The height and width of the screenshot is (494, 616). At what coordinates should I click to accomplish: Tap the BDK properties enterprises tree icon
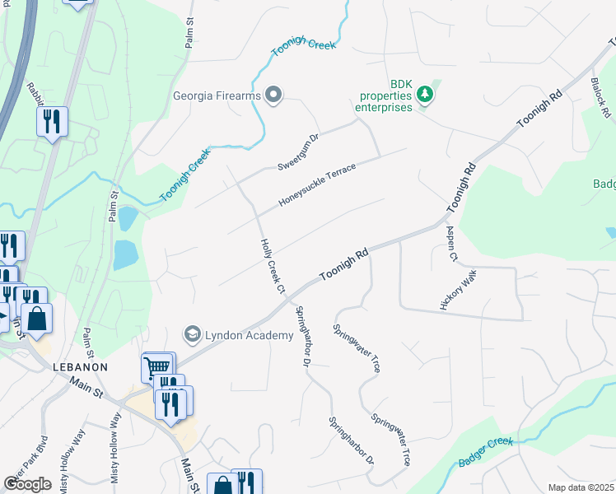[x=425, y=95]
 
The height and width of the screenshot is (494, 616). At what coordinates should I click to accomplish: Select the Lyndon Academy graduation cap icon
[x=193, y=334]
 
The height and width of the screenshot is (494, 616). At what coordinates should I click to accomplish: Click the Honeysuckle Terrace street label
[x=317, y=184]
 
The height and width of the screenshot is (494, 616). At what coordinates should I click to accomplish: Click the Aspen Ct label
[x=451, y=245]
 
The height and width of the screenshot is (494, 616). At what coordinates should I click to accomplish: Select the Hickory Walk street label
[x=459, y=288]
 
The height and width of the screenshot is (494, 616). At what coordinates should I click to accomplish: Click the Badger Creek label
[x=486, y=452]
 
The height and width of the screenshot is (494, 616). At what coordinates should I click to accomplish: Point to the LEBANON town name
[x=81, y=366]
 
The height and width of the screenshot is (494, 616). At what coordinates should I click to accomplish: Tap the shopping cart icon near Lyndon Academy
[x=158, y=365]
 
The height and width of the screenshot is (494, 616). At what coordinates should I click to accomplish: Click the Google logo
[x=27, y=484]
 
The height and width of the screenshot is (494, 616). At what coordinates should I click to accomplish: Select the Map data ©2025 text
[x=581, y=487]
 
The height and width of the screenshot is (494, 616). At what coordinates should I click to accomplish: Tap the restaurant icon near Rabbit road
[x=51, y=122]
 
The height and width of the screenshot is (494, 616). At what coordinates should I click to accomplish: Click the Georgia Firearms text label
[x=217, y=96]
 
